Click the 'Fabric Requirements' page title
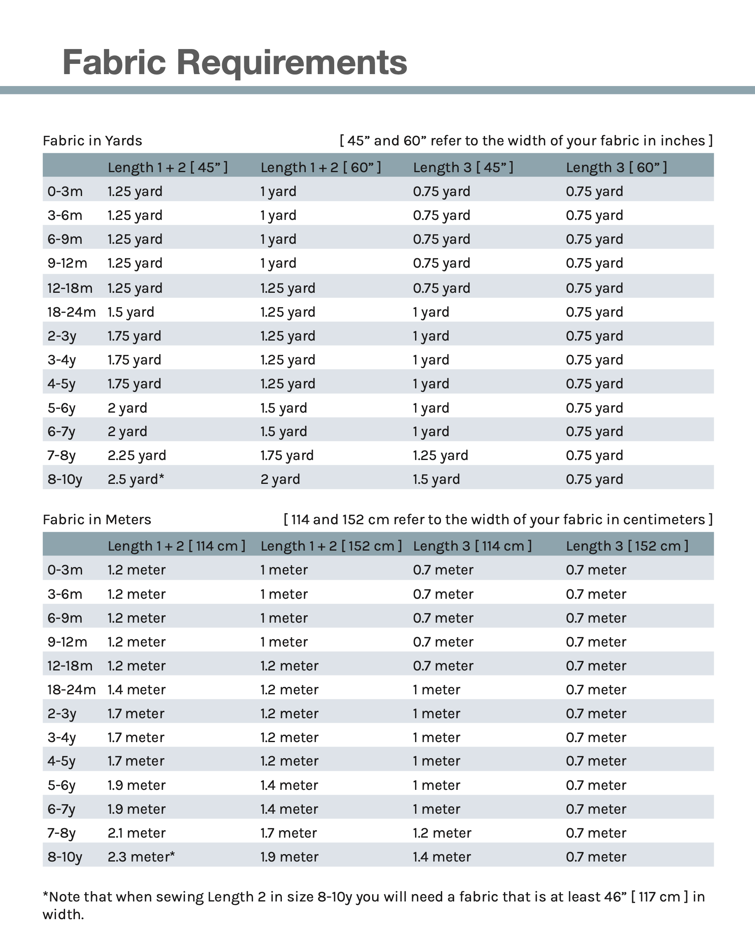tap(234, 62)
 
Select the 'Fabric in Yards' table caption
tap(92, 141)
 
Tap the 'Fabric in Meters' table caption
tap(96, 519)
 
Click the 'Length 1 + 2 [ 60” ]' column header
tap(321, 167)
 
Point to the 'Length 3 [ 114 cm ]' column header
tap(472, 546)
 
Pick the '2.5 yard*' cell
tap(136, 479)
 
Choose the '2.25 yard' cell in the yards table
tap(136, 455)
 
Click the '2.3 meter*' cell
tap(141, 857)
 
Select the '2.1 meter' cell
tap(136, 833)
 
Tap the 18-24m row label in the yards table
tap(71, 312)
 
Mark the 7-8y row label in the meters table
tap(61, 833)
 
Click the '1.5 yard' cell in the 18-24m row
tap(131, 312)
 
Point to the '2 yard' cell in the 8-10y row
tap(280, 479)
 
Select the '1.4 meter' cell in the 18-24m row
tap(136, 690)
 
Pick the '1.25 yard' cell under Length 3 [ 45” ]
tap(440, 455)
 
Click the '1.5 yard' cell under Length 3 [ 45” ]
tap(436, 479)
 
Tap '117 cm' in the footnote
tap(659, 897)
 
